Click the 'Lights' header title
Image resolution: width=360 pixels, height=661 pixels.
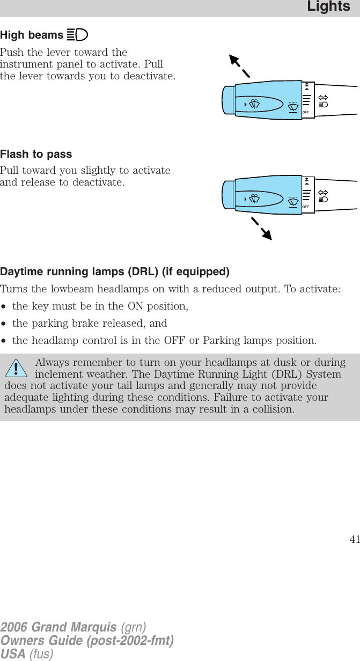[328, 7]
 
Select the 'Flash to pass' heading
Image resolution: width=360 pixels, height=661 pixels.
[36, 154]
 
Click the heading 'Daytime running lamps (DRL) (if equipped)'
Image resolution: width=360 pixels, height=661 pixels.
[115, 271]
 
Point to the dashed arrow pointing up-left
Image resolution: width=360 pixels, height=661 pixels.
[239, 67]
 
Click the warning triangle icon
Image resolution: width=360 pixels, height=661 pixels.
[17, 369]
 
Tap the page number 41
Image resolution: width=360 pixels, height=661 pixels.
[354, 540]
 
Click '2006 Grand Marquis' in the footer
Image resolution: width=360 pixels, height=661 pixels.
[58, 627]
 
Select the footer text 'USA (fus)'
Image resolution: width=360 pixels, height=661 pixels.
[27, 653]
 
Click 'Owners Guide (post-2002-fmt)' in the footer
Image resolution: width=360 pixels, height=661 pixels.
[87, 640]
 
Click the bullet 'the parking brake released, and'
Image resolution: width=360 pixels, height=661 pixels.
[90, 324]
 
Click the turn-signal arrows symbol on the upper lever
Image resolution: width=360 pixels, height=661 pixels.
[323, 98]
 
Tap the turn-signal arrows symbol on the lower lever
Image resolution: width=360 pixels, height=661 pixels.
[323, 192]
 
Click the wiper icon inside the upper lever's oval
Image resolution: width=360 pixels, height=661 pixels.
[254, 103]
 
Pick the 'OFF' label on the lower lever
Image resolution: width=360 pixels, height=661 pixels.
[306, 207]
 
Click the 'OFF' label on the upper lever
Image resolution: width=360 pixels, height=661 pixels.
[306, 112]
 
